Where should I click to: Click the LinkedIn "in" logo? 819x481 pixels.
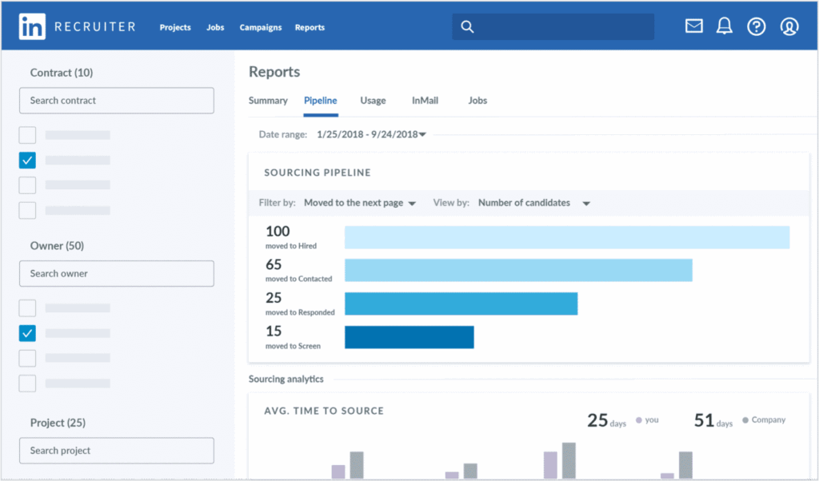tap(33, 26)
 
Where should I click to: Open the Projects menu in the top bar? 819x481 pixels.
tap(175, 27)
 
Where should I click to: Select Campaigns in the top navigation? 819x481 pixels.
tap(261, 27)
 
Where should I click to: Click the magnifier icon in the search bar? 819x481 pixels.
tap(468, 27)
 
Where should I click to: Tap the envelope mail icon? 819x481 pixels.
tap(694, 26)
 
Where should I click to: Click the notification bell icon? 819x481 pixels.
tap(725, 26)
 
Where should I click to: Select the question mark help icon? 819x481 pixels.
tap(757, 26)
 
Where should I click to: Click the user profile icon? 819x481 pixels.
tap(789, 26)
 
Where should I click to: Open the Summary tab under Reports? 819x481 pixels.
tap(268, 101)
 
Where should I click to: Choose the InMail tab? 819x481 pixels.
tap(425, 101)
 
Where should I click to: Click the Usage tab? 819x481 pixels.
tap(373, 101)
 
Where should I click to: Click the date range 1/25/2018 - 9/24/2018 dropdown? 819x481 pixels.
tap(372, 134)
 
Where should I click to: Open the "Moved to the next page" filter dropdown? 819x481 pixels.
tap(360, 203)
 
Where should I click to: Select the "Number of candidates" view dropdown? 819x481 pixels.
tap(533, 203)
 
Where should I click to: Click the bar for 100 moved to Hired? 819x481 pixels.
tap(567, 238)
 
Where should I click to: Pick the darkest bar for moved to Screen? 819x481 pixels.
tap(409, 337)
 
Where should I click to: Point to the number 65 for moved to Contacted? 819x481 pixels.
tap(274, 264)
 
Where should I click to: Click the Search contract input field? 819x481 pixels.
tap(117, 101)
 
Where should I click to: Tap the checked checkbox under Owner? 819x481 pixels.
tap(27, 333)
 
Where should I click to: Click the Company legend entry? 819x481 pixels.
tap(764, 419)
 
